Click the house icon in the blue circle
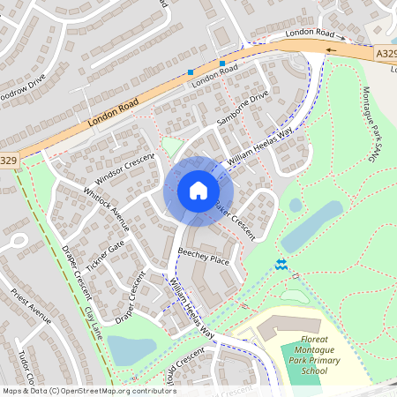pyautogui.click(x=198, y=190)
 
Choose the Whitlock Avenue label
pyautogui.click(x=107, y=207)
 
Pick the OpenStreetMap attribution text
pyautogui.click(x=88, y=390)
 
